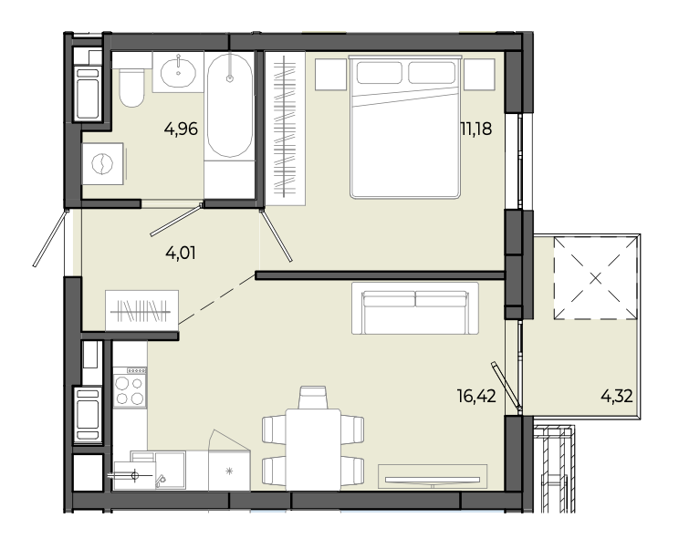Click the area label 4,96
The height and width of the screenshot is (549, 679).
pyautogui.click(x=181, y=129)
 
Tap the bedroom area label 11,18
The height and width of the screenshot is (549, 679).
pyautogui.click(x=475, y=129)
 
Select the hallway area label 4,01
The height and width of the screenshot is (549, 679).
pyautogui.click(x=181, y=253)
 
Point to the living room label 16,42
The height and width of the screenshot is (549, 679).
pyautogui.click(x=476, y=396)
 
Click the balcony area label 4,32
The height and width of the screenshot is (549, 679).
pyautogui.click(x=617, y=396)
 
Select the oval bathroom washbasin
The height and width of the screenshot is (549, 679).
pyautogui.click(x=178, y=72)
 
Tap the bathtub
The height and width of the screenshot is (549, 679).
pyautogui.click(x=229, y=105)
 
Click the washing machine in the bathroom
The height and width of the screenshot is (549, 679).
pyautogui.click(x=103, y=164)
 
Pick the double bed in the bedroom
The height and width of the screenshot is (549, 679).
pyautogui.click(x=405, y=127)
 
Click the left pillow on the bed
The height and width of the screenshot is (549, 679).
pyautogui.click(x=380, y=72)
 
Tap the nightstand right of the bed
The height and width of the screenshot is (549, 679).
pyautogui.click(x=479, y=75)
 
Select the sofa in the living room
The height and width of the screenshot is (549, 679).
pyautogui.click(x=415, y=308)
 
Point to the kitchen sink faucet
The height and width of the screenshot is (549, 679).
pyautogui.click(x=161, y=480)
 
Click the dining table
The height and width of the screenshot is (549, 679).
pyautogui.click(x=313, y=450)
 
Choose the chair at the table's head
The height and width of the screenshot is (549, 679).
pyautogui.click(x=313, y=397)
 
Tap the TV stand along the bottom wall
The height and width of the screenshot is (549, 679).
pyautogui.click(x=433, y=477)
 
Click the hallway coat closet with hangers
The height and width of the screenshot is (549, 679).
pyautogui.click(x=142, y=311)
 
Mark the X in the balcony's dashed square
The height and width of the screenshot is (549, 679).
pyautogui.click(x=596, y=278)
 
